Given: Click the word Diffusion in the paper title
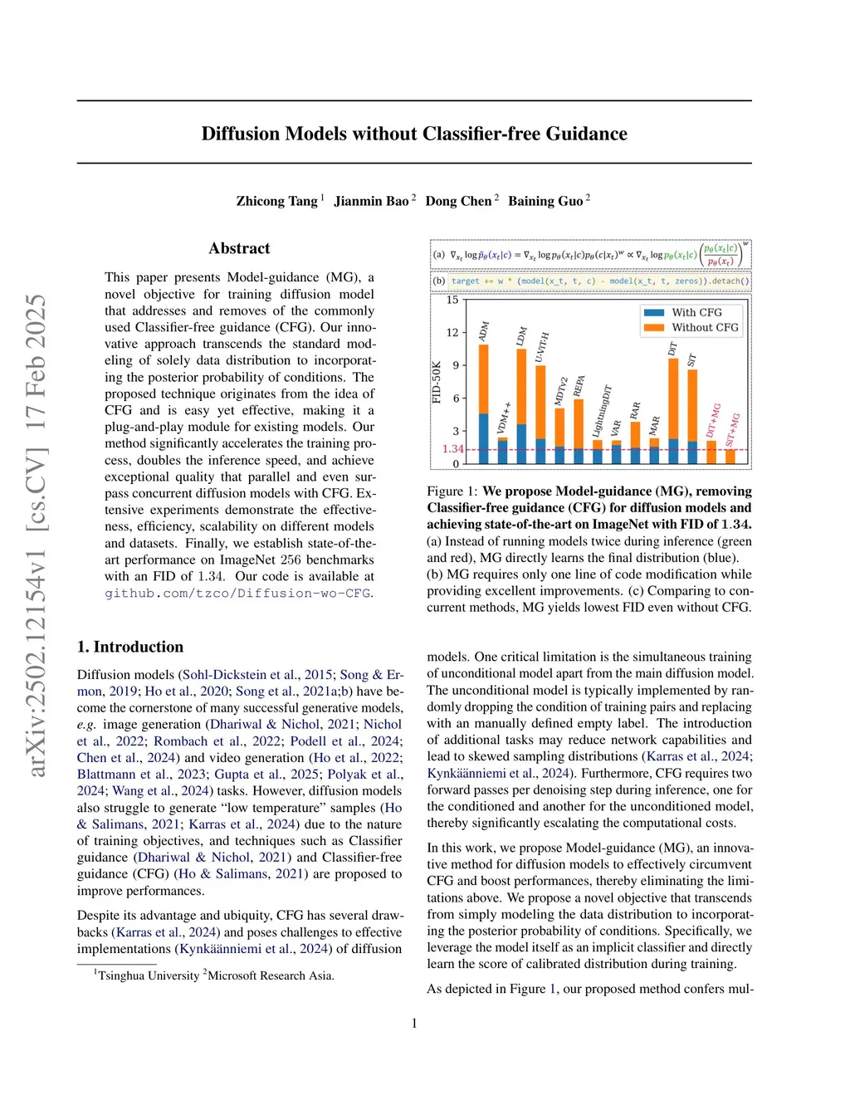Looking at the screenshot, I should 240,134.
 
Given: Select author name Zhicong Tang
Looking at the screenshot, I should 276,201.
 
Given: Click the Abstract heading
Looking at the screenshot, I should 239,248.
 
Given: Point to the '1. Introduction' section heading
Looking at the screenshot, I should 130,647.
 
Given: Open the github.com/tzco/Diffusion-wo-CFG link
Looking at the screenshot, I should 237,593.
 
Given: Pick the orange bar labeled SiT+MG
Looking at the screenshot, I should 730,456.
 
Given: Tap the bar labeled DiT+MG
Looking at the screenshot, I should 711,452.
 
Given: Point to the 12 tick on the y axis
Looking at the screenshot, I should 452,332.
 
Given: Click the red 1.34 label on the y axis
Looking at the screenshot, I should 452,449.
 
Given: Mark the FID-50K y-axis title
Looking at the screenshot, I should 437,382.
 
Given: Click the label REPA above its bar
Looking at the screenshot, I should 579,386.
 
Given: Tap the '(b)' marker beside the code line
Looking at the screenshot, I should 439,281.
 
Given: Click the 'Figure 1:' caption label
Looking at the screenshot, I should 452,491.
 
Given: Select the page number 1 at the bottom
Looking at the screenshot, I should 414,1024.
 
